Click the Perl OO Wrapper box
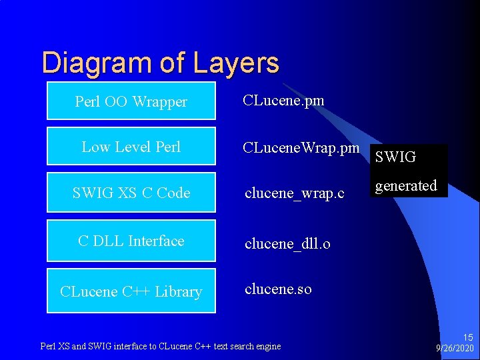(x=131, y=101)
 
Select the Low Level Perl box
(x=131, y=146)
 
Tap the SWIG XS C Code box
(x=131, y=193)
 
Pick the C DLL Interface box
(x=131, y=241)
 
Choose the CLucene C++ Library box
(x=131, y=291)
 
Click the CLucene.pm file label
(x=283, y=101)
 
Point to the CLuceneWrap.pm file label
(x=301, y=147)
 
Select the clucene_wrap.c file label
(x=294, y=193)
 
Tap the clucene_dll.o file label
(x=287, y=243)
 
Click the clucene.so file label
(x=278, y=289)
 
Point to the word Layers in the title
(x=237, y=63)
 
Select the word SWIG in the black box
(x=395, y=157)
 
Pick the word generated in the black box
(x=405, y=186)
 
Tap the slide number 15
(x=467, y=338)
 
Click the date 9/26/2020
(x=455, y=349)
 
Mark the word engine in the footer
(x=267, y=346)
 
